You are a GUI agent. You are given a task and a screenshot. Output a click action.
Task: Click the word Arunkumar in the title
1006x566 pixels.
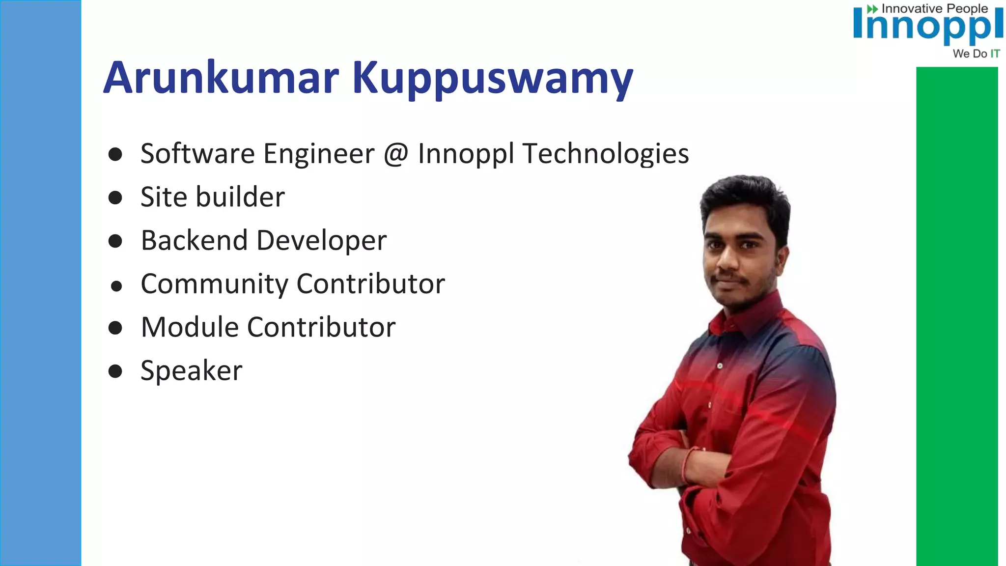[221, 78]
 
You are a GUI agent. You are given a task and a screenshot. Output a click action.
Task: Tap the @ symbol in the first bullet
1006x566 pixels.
[396, 154]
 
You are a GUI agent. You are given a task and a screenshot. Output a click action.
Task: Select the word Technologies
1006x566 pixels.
[606, 154]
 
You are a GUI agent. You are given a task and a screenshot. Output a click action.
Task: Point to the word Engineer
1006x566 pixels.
[319, 154]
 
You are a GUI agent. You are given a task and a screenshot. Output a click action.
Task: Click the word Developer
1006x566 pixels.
[321, 241]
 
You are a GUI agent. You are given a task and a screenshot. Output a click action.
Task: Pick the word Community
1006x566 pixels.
[214, 284]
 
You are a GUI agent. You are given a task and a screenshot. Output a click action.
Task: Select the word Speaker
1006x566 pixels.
[191, 371]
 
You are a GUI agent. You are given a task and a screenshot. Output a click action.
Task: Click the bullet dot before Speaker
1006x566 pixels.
[115, 371]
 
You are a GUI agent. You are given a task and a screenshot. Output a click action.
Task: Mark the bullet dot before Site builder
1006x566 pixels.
[115, 198]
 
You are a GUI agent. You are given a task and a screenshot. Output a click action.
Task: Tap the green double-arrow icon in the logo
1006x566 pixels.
[872, 9]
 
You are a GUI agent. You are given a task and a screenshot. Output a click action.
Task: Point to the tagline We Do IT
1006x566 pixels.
[976, 54]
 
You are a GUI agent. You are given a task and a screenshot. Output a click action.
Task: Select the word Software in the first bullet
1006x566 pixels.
[197, 154]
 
